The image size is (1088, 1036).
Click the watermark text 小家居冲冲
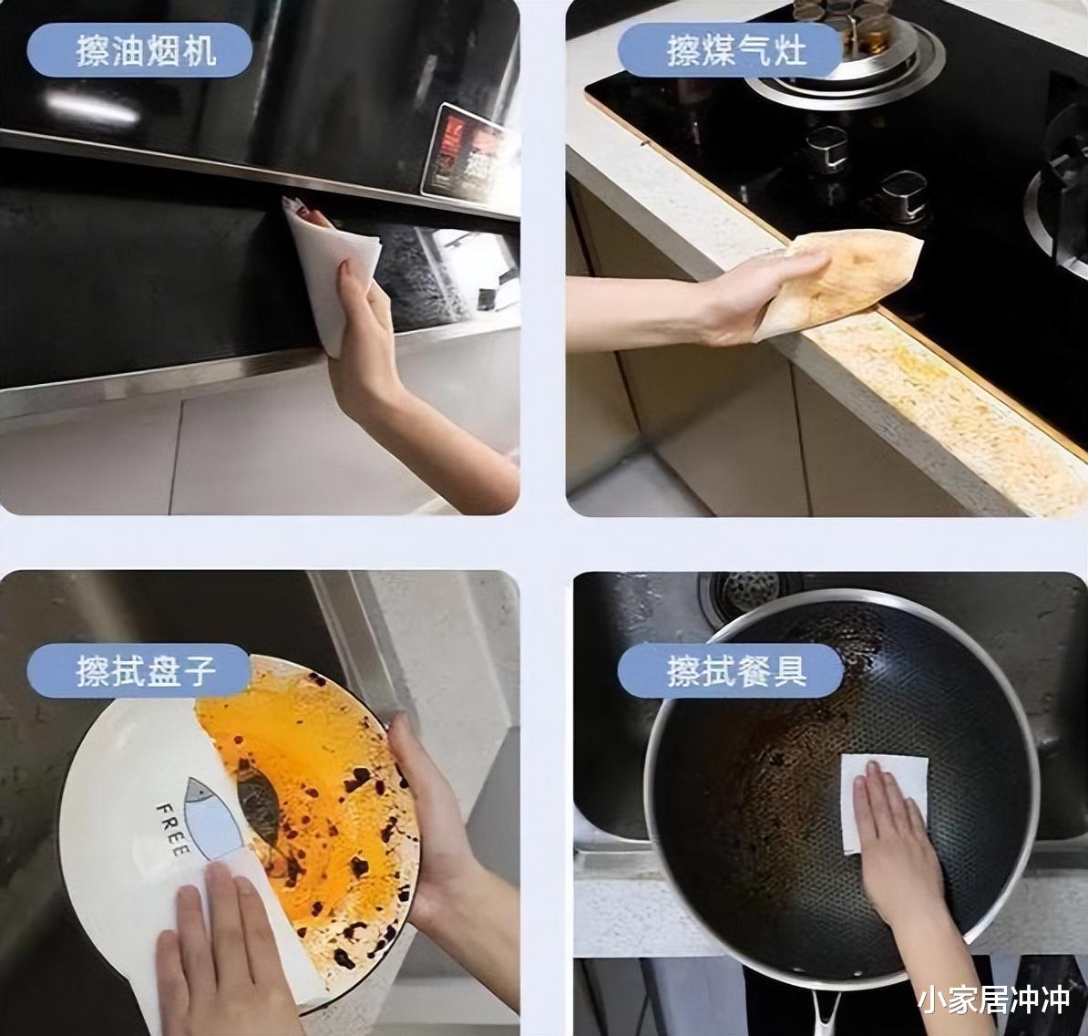[x=994, y=1000]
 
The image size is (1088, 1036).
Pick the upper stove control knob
[x=827, y=148]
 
